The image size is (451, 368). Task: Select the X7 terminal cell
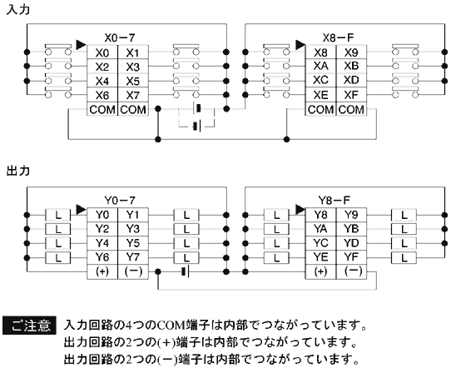click(133, 95)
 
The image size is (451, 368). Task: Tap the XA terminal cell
click(320, 67)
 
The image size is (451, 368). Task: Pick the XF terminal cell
click(351, 95)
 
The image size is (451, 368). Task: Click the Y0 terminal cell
click(102, 215)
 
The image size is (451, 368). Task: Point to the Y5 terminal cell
click(133, 243)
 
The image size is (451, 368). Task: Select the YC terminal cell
click(320, 243)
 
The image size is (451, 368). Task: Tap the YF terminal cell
click(351, 257)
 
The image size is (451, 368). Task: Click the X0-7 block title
click(119, 38)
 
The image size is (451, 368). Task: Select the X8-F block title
click(337, 38)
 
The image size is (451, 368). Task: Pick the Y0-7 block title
click(119, 201)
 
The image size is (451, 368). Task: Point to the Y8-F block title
click(337, 201)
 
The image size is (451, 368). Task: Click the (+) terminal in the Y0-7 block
click(102, 271)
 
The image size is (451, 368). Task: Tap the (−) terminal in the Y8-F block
click(351, 271)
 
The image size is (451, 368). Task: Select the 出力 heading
click(18, 171)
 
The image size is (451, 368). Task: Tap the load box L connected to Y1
click(186, 215)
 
